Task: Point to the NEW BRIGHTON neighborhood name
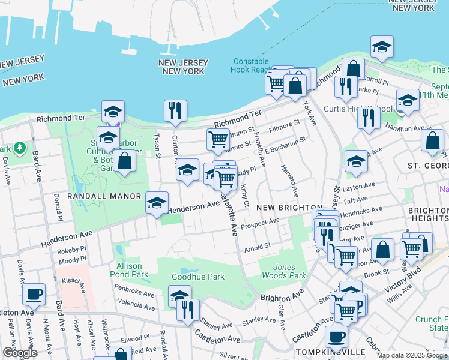(289, 207)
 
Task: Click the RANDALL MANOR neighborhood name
(104, 196)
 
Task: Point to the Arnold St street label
(258, 246)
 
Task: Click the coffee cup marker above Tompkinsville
(336, 337)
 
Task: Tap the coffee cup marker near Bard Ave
(34, 295)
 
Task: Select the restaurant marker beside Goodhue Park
(188, 310)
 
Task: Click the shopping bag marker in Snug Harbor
(124, 162)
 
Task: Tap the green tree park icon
(20, 147)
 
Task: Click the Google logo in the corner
(20, 353)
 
